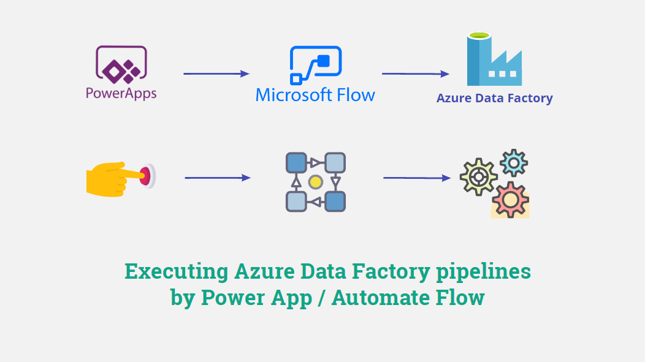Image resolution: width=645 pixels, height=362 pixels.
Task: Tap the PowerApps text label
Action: coord(121,94)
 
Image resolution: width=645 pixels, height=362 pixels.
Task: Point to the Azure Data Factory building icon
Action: coord(494,60)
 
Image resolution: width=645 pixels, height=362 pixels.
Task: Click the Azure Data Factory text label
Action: coord(494,98)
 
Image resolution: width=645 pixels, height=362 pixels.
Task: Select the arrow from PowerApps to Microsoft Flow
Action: coord(216,74)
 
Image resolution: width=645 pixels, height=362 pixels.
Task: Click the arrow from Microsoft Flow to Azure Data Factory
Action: coord(415,74)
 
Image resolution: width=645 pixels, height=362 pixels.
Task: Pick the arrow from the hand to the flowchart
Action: coord(218,178)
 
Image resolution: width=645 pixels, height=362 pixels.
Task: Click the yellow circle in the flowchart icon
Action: coord(316,182)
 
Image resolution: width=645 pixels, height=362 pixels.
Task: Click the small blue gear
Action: coord(514,162)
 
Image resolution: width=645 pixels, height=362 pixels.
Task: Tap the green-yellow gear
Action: coord(479,177)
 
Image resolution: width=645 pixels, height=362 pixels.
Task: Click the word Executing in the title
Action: coord(175,271)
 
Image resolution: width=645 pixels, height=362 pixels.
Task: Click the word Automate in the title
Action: coord(373,298)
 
